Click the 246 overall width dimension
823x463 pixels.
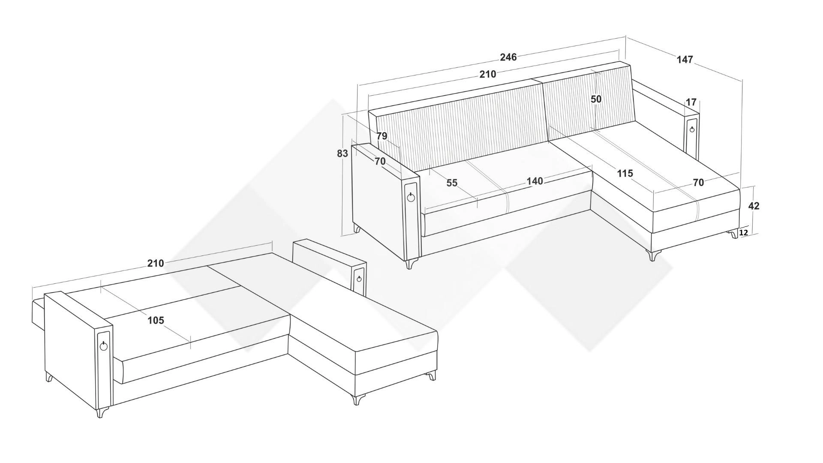click(x=508, y=57)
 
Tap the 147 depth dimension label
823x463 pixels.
click(x=685, y=60)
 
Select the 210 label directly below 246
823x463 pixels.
click(x=488, y=74)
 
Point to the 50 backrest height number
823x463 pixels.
click(x=596, y=99)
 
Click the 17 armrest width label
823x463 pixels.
click(x=691, y=102)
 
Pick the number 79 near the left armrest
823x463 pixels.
click(x=382, y=136)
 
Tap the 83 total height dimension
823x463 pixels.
click(x=342, y=153)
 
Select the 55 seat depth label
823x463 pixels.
click(x=452, y=183)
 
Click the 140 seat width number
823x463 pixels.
click(x=535, y=181)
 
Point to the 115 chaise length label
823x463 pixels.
click(x=625, y=174)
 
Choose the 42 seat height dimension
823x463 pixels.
click(x=754, y=206)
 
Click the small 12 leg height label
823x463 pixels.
click(x=744, y=233)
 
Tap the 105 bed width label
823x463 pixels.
click(x=156, y=320)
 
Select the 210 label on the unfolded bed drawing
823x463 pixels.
click(x=156, y=263)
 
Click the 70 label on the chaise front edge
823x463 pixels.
click(x=698, y=183)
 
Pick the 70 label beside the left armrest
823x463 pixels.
click(x=380, y=162)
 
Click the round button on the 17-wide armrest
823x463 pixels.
click(x=692, y=129)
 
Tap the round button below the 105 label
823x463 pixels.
click(x=104, y=346)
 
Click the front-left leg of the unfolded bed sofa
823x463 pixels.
click(x=101, y=412)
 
